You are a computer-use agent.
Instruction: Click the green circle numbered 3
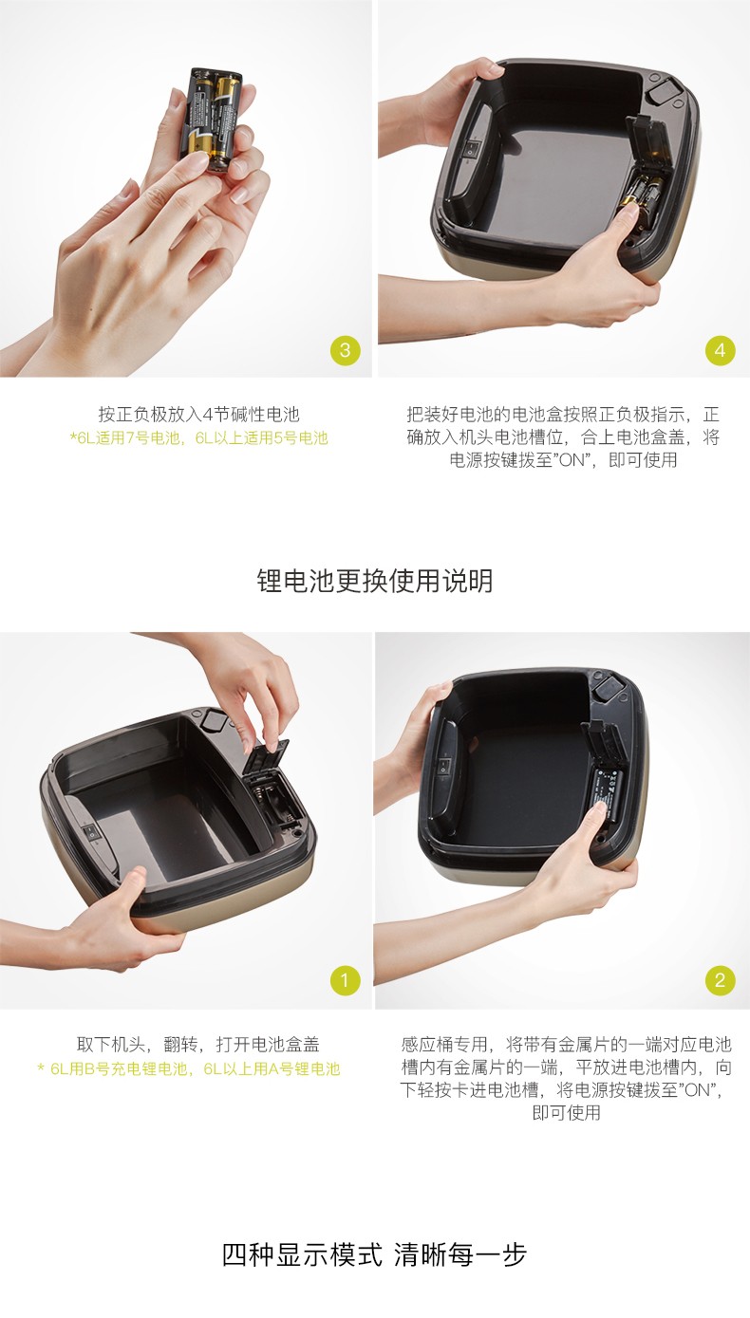345,351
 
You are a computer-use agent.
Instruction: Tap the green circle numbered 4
720,351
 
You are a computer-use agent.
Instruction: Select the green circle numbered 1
345,980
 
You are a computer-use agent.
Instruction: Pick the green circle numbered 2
720,980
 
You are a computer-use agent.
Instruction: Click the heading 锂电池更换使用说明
374,581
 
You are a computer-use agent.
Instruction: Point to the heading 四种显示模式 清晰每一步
374,1254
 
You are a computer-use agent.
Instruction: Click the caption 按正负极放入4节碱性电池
199,415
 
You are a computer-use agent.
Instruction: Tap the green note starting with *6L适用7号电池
199,437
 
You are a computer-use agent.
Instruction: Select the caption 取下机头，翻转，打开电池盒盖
198,1045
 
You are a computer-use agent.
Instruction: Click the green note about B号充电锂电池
189,1068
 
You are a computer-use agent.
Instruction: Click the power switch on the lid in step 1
90,831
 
